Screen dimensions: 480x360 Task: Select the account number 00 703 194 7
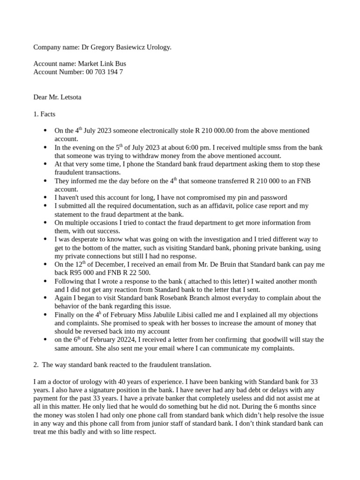(104, 72)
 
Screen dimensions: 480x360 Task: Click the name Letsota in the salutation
(70, 97)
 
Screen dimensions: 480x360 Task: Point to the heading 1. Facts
(44, 114)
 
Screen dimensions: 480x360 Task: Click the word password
(268, 197)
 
